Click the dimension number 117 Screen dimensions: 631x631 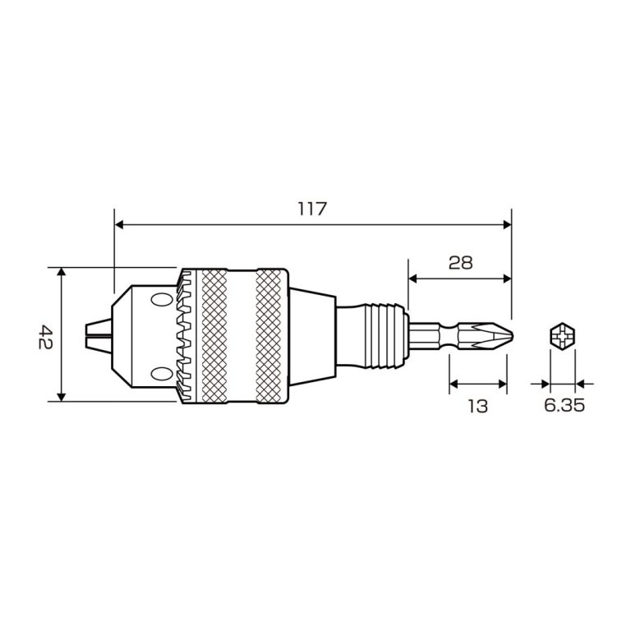pos(313,210)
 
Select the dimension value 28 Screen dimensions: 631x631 pos(460,263)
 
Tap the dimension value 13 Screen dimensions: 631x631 pos(477,405)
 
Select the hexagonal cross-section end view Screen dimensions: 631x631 pos(562,336)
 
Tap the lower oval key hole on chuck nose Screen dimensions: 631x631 pos(157,375)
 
